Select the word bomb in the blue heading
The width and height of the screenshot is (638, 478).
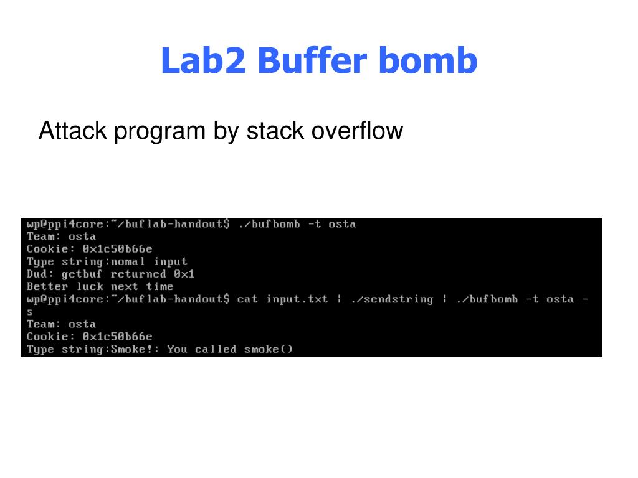tap(427, 61)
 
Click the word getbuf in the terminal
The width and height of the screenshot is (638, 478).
tap(82, 274)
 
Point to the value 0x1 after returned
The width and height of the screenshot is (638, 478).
tap(184, 274)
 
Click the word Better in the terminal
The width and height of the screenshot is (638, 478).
tap(47, 286)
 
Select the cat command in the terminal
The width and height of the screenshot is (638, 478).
tap(247, 299)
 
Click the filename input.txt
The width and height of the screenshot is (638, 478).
tap(297, 299)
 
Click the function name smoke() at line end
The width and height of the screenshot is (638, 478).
tap(269, 349)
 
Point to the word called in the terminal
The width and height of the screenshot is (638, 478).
tap(216, 349)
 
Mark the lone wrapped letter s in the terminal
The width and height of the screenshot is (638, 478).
tap(30, 311)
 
